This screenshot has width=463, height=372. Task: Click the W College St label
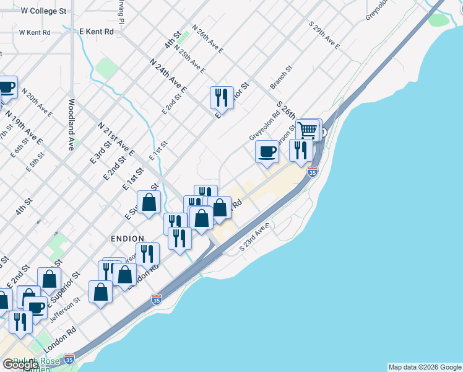coord(43,11)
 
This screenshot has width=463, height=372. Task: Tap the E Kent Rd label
coord(97,31)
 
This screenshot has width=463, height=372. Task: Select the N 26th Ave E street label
coord(207,38)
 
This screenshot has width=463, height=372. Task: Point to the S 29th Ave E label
coord(325,35)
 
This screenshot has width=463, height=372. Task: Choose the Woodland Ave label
coord(72,124)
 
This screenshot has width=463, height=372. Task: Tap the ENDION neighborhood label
coord(127,238)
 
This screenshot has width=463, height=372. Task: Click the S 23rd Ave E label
coord(252,237)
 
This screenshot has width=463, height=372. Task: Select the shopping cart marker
coord(307,130)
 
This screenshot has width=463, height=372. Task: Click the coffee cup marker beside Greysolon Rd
coord(267,151)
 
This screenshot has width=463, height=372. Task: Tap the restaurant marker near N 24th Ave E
coord(222,97)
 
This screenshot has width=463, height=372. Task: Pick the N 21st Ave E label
coord(116,138)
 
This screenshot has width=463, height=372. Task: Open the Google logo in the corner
coord(20,365)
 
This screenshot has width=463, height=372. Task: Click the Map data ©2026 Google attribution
coord(425,367)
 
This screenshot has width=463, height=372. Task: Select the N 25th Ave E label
coord(189,59)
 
